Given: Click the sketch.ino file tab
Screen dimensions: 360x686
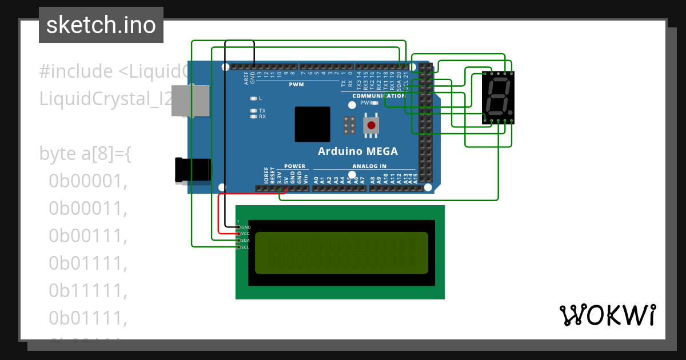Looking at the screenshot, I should click(x=101, y=25).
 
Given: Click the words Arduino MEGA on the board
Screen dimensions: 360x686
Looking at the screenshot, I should click(x=358, y=151).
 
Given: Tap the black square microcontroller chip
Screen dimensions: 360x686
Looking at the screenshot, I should click(x=312, y=124).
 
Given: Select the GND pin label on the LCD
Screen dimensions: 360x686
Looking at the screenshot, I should click(x=246, y=227).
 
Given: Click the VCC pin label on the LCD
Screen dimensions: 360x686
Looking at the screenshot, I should click(x=246, y=234).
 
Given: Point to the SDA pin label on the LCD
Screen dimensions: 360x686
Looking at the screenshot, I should click(x=246, y=241).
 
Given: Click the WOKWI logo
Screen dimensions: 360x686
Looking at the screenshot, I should click(x=608, y=315).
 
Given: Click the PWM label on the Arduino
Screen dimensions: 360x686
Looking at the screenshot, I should click(x=296, y=85).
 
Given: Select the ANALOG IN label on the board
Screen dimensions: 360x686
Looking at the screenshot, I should click(x=369, y=166).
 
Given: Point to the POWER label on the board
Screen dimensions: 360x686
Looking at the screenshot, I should click(x=295, y=166).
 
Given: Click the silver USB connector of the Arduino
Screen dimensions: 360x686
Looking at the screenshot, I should click(x=190, y=101).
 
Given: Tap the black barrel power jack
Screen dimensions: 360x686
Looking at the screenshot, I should click(x=193, y=170).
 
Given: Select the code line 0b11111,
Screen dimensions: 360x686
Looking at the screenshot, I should click(x=87, y=291).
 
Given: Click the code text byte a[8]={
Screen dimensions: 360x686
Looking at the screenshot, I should click(x=85, y=154).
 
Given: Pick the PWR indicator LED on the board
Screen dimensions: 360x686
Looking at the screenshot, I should click(x=375, y=103).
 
